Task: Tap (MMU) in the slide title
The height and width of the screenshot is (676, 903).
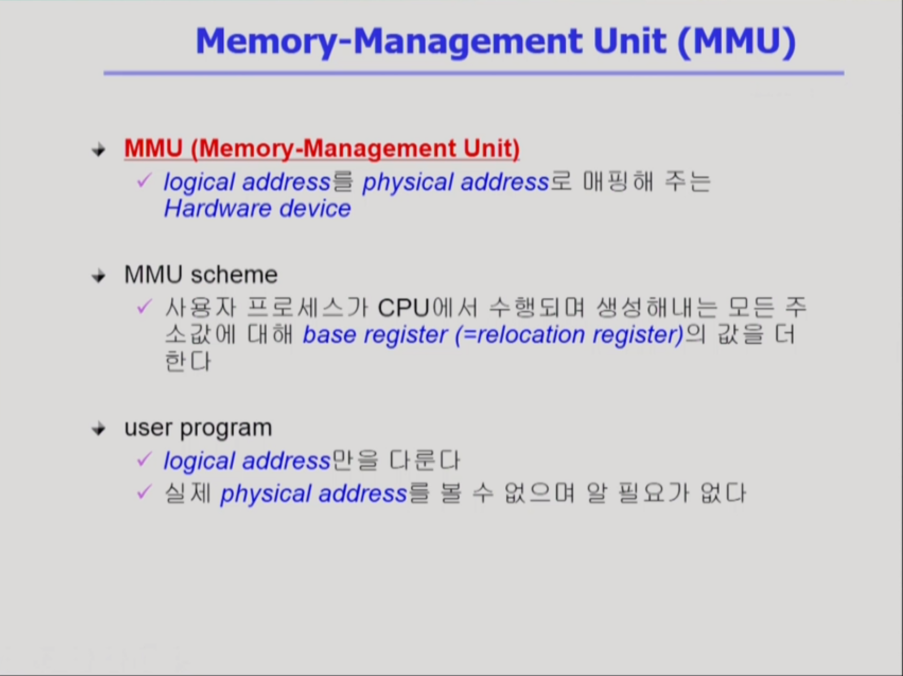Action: tap(737, 41)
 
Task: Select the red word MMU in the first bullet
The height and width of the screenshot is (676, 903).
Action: tap(154, 148)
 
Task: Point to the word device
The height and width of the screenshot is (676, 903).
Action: tap(315, 209)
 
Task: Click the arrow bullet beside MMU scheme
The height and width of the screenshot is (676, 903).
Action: tap(99, 276)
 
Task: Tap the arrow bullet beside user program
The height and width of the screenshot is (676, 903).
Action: tap(99, 429)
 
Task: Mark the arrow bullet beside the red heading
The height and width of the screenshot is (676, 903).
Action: tap(99, 150)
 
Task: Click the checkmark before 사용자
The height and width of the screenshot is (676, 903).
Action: tap(144, 306)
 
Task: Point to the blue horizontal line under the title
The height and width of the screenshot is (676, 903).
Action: tap(474, 73)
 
